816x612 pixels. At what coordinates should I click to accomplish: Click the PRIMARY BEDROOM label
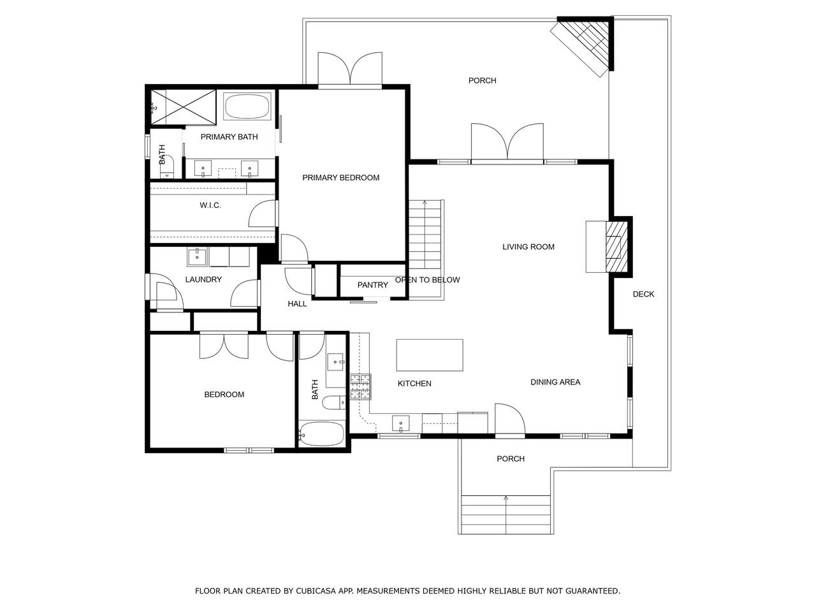(x=340, y=178)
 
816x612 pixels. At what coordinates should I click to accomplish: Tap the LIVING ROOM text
(x=528, y=247)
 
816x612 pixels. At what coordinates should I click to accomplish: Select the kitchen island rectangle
(x=430, y=355)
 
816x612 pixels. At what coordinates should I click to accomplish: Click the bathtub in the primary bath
(x=247, y=106)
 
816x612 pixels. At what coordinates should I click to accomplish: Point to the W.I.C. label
(x=210, y=205)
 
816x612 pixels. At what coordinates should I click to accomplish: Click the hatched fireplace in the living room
(x=616, y=247)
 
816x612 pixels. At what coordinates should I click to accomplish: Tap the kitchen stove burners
(x=360, y=386)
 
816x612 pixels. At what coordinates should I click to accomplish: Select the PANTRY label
(x=372, y=285)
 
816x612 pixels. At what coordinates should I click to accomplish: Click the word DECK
(x=643, y=295)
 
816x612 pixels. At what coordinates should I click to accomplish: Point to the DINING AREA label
(x=555, y=382)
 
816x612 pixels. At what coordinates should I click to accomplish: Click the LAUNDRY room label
(x=203, y=279)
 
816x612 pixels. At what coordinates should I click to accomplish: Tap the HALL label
(x=297, y=304)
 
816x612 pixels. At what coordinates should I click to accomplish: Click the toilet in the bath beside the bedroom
(x=333, y=402)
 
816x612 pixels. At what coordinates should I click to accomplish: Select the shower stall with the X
(x=183, y=107)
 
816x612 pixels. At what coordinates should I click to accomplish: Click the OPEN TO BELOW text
(x=427, y=280)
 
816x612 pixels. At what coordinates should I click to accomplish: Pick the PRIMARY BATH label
(x=229, y=137)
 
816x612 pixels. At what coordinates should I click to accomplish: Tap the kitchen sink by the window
(x=401, y=423)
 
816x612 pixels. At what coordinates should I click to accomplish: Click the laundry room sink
(x=196, y=257)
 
